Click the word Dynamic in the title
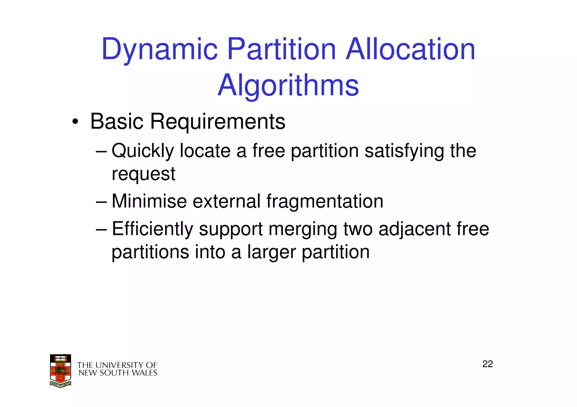click(159, 50)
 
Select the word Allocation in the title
click(410, 50)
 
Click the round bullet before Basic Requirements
click(75, 122)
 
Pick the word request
click(143, 174)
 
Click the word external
click(226, 201)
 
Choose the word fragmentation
click(325, 201)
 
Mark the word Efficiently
click(152, 229)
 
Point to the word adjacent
click(414, 229)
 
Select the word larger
click(272, 252)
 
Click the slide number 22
click(487, 364)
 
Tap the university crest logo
click(61, 371)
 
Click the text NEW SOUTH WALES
click(118, 373)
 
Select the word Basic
click(117, 122)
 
